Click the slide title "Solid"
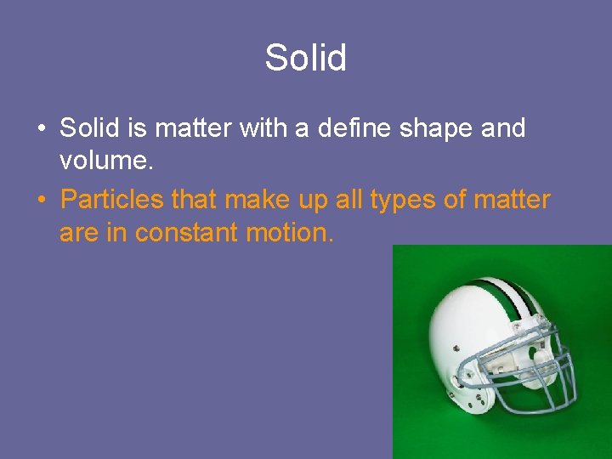point(305,59)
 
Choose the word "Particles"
point(112,200)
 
